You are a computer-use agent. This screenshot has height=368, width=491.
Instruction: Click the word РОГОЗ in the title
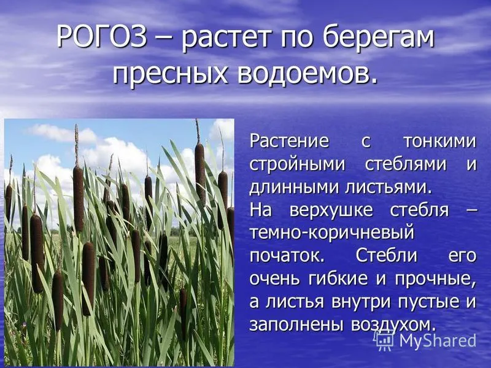pyautogui.click(x=102, y=37)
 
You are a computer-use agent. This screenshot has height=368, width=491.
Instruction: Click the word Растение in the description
pyautogui.click(x=289, y=141)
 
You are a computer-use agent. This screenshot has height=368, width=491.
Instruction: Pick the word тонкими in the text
pyautogui.click(x=439, y=142)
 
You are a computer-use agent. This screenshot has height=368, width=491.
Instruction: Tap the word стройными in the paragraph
pyautogui.click(x=297, y=165)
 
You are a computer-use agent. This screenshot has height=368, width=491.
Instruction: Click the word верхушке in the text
pyautogui.click(x=331, y=211)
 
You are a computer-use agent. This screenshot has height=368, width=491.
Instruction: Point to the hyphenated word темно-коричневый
pyautogui.click(x=332, y=234)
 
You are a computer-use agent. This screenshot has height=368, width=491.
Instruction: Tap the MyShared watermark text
pyautogui.click(x=438, y=340)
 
